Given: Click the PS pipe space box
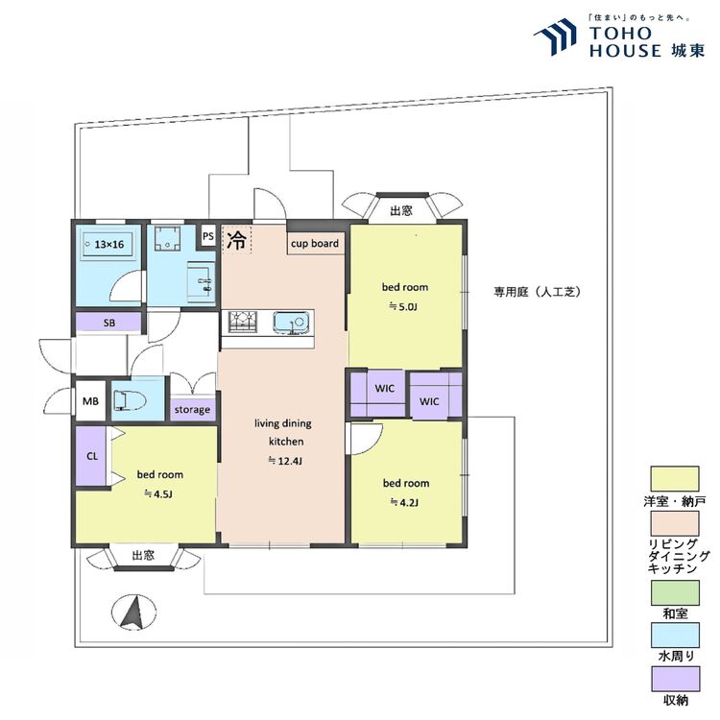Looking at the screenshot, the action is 208,236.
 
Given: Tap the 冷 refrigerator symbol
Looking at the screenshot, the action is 237,240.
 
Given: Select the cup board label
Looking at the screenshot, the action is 315,244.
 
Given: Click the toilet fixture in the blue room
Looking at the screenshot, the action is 129,400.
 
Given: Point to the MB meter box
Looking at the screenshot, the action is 90,401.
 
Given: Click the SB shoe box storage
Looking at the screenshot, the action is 108,323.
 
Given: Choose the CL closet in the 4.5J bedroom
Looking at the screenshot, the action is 91,456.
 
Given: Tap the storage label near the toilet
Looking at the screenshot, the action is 192,410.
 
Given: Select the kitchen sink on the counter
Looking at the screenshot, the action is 290,322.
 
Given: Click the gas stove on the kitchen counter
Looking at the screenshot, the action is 244,322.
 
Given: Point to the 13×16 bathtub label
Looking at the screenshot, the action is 109,244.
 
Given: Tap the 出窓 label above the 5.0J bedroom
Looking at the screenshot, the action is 401,211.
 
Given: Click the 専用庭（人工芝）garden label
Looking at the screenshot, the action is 538,292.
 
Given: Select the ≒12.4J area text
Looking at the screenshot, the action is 285,461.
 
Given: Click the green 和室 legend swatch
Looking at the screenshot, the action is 675,592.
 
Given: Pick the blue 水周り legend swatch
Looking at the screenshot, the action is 675,636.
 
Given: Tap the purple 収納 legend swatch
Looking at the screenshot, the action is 675,679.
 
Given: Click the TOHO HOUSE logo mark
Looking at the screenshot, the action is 555,37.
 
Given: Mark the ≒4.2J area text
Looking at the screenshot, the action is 404,502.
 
